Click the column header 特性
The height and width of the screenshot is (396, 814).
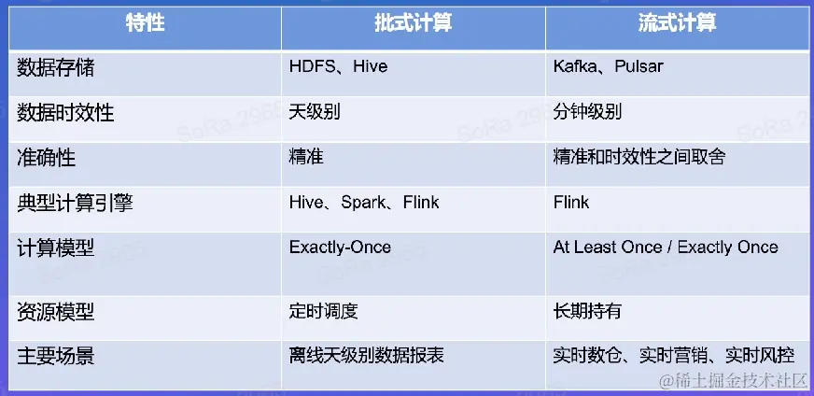145,24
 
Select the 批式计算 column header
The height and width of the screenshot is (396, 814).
414,24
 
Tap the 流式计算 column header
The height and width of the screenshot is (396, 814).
678,24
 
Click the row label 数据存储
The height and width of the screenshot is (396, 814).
56,67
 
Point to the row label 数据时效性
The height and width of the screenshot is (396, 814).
65,112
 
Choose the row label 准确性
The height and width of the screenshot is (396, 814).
46,158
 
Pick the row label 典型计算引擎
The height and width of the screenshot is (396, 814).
75,202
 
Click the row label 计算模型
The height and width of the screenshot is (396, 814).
56,247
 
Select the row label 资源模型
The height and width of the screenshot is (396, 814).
56,312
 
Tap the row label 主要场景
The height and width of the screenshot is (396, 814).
56,357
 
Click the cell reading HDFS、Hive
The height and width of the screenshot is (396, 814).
339,67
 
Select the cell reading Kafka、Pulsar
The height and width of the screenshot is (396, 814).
609,67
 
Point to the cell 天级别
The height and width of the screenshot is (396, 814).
315,112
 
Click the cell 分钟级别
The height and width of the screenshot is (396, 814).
587,112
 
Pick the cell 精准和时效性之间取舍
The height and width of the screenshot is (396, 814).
639,157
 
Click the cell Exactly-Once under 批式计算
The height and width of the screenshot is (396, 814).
340,247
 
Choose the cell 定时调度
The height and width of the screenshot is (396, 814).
324,311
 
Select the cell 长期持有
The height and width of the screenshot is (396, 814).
587,311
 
